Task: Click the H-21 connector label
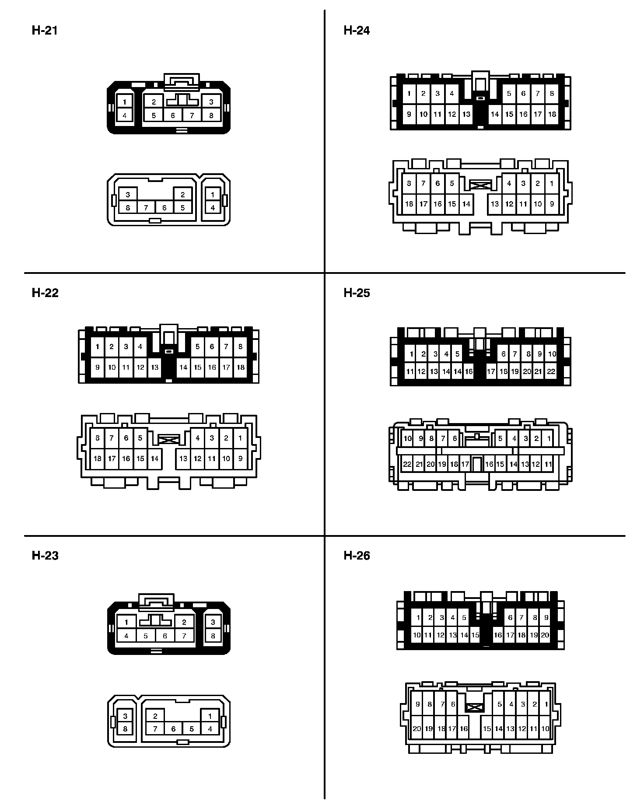click(x=45, y=31)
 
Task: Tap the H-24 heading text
click(x=357, y=31)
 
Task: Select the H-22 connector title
click(x=45, y=293)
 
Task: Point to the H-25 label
click(x=357, y=293)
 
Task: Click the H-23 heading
click(x=45, y=556)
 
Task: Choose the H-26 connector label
click(x=357, y=556)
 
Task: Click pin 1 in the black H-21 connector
click(x=125, y=102)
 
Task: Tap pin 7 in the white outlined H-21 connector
click(x=146, y=208)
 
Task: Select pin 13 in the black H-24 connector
click(x=466, y=114)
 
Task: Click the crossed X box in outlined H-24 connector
click(x=480, y=185)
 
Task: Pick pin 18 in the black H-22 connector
click(x=240, y=367)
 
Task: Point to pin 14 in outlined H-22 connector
click(x=154, y=458)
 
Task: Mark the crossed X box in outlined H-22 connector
click(x=168, y=439)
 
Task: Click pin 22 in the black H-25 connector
click(x=551, y=371)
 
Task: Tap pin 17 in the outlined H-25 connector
click(x=465, y=464)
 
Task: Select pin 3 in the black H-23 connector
click(x=213, y=622)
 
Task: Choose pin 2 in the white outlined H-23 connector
click(x=155, y=716)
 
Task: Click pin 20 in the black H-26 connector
click(x=545, y=635)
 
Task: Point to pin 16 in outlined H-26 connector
click(x=463, y=729)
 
